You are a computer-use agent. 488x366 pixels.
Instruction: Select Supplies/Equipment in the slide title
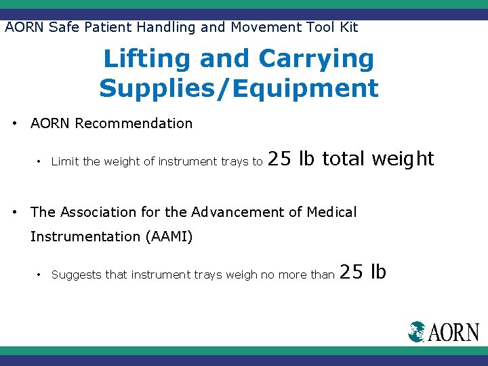[x=239, y=88]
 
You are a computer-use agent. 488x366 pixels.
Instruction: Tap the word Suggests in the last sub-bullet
[x=76, y=275]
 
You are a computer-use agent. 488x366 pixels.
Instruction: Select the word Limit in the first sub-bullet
[x=64, y=161]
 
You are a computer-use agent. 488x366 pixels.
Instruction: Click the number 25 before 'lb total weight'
[x=280, y=159]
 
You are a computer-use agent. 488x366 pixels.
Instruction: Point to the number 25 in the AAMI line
[x=351, y=272]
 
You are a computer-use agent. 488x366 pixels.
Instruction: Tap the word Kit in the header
[x=348, y=27]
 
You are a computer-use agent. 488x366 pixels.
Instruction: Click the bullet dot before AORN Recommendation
[x=16, y=124]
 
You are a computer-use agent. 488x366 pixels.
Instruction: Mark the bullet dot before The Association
[x=16, y=213]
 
